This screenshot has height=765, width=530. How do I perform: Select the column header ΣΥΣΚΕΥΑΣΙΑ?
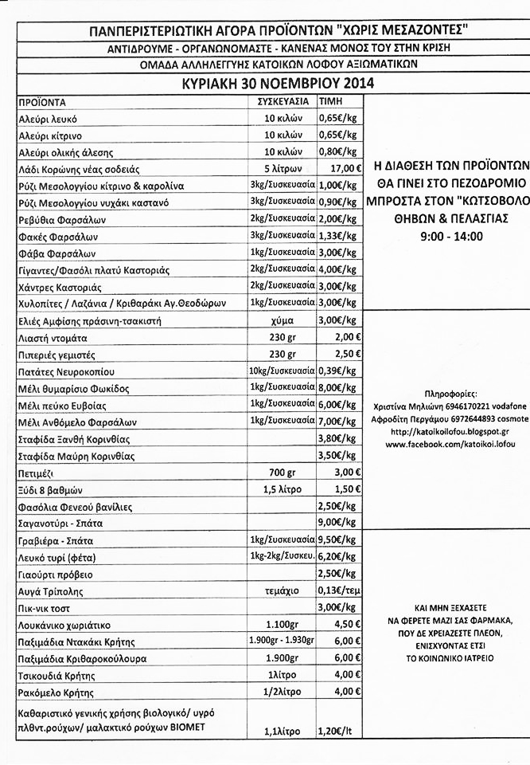[x=283, y=102]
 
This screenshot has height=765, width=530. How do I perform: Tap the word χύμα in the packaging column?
[x=283, y=320]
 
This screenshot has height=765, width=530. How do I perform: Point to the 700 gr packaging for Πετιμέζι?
[x=283, y=473]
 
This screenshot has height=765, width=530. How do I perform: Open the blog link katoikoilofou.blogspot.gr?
[x=446, y=432]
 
